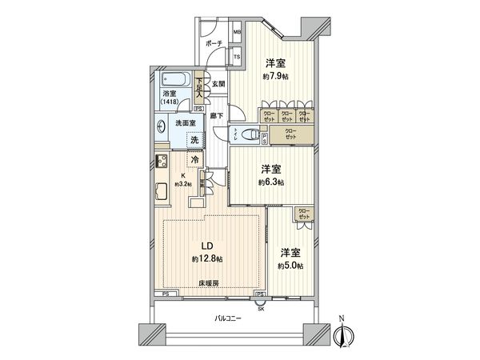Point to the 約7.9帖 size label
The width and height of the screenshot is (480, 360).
pyautogui.click(x=275, y=78)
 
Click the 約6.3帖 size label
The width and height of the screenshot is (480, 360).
pyautogui.click(x=271, y=182)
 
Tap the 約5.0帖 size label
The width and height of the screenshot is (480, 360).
pyautogui.click(x=290, y=266)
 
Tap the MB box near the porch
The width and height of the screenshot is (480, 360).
pyautogui.click(x=237, y=33)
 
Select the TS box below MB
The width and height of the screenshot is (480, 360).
pyautogui.click(x=237, y=57)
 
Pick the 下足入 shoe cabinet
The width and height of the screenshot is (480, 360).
pyautogui.click(x=199, y=84)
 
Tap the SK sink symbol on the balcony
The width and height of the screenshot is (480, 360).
pyautogui.click(x=260, y=303)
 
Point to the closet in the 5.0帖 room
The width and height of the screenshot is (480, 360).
pyautogui.click(x=303, y=214)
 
